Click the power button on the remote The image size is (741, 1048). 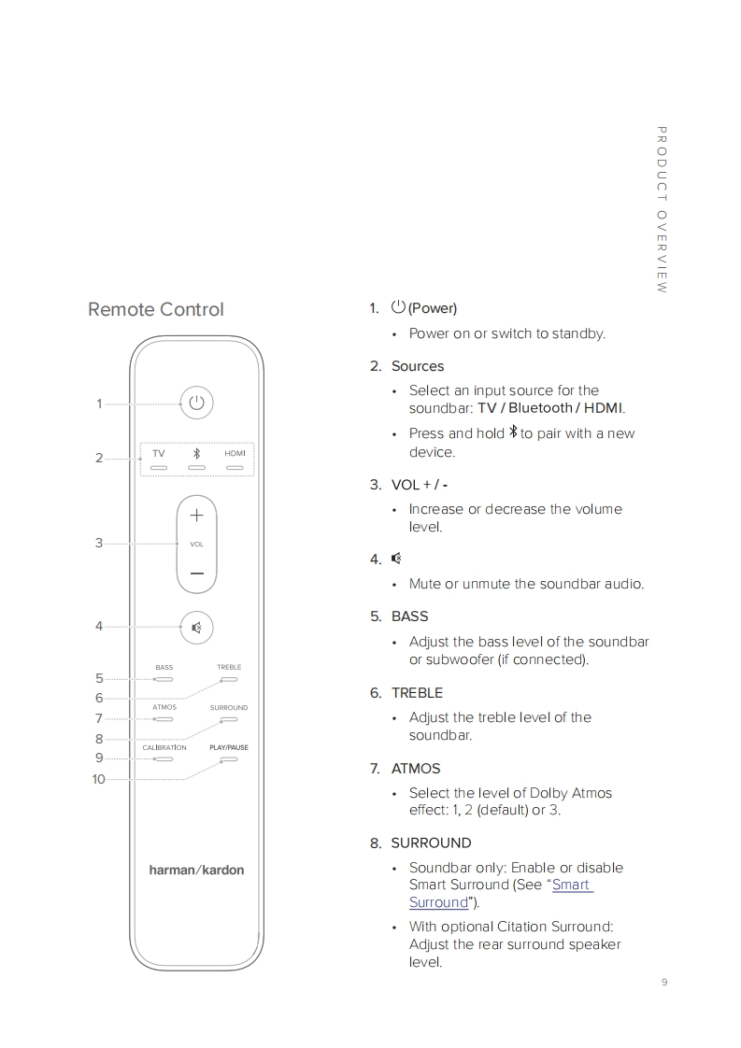[x=196, y=403]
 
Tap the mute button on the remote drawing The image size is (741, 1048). [x=196, y=628]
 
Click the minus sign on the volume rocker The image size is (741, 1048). [x=196, y=573]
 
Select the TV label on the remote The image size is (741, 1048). [x=159, y=453]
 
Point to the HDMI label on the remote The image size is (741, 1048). [x=235, y=453]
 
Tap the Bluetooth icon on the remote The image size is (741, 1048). [x=196, y=453]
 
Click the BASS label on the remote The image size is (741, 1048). [x=164, y=668]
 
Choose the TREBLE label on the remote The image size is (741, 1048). [x=229, y=667]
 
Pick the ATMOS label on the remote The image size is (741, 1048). [x=164, y=707]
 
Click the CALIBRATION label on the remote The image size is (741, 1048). [x=164, y=747]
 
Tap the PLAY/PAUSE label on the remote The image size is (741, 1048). [x=229, y=747]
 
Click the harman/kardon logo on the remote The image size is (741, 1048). [x=196, y=870]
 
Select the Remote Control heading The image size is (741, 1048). [x=156, y=309]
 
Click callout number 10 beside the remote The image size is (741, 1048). [x=98, y=779]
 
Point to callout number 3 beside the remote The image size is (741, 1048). [x=99, y=543]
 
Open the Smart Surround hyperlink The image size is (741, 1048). [x=572, y=885]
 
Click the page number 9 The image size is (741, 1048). [x=663, y=981]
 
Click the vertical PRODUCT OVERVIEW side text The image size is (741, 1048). [x=662, y=210]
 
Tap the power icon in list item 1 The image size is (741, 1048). [x=399, y=307]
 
